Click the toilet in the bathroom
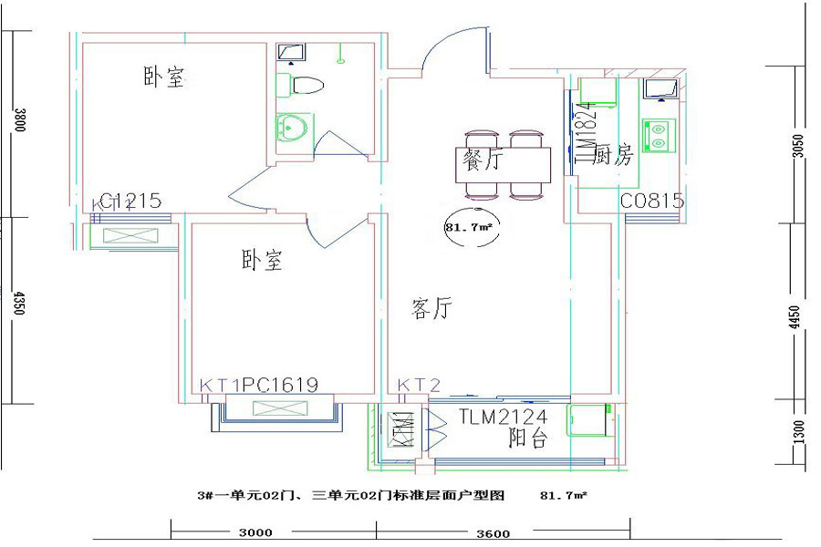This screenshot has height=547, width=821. pos(305,87)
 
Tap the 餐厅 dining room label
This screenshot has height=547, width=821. pos(483,161)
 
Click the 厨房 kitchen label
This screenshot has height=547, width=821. pos(612,156)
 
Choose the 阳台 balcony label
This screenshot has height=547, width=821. pos(526,439)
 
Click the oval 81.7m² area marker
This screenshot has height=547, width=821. pos(468,228)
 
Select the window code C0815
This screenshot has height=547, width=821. pos(652,201)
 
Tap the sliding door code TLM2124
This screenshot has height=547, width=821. pos(503,418)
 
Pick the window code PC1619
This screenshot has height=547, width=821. pos(280,386)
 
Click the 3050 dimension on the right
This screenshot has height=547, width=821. pos(798,146)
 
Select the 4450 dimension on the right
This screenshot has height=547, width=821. pos(798,317)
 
